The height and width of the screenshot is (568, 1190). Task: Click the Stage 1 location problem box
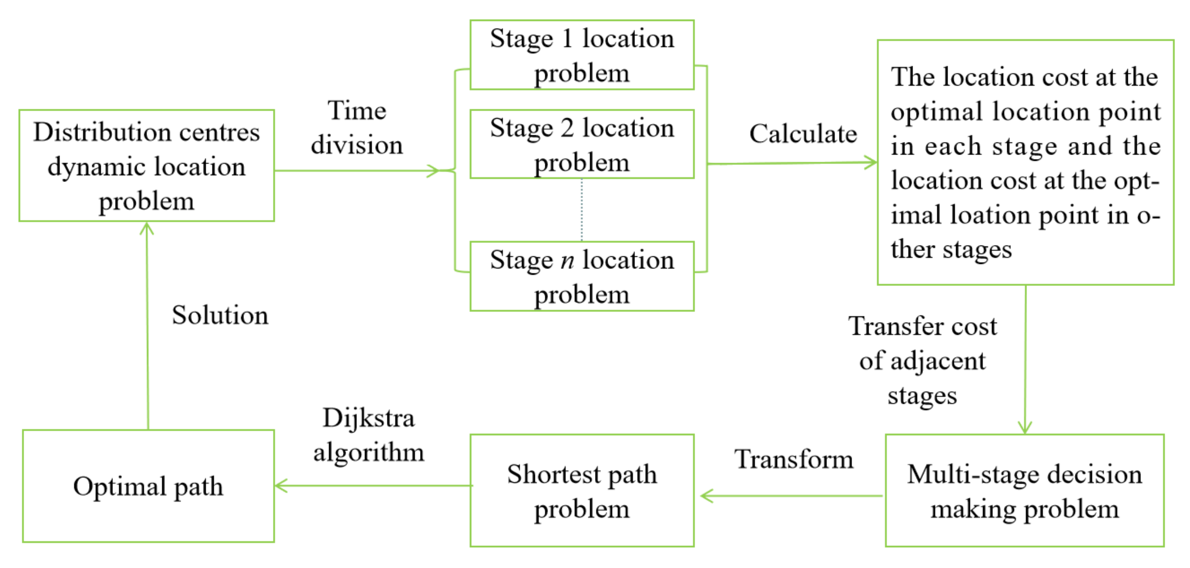tap(582, 55)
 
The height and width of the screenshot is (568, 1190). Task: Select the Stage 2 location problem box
tap(582, 144)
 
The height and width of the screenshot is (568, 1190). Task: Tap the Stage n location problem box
tap(582, 276)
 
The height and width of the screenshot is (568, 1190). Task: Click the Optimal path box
tap(148, 486)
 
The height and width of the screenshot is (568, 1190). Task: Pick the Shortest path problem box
tap(582, 490)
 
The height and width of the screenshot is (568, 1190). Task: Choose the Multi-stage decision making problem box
tap(1024, 490)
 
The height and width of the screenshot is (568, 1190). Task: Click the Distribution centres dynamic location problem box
tap(146, 165)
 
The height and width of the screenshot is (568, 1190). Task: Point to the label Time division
tap(356, 127)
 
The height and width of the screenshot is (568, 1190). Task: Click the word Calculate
tap(803, 134)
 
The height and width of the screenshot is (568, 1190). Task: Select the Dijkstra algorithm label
tap(368, 435)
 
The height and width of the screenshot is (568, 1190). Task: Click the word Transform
tap(794, 460)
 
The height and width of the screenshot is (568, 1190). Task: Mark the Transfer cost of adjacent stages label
tap(922, 361)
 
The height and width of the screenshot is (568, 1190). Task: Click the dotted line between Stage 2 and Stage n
tap(582, 210)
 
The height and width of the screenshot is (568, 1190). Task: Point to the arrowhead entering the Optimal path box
tap(280, 486)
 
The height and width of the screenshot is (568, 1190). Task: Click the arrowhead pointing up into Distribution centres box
tap(146, 228)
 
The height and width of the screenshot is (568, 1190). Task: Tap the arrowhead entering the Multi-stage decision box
tap(1025, 428)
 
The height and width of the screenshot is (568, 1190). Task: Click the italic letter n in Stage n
tap(567, 260)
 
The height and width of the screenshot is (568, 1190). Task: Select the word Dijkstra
tap(368, 418)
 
